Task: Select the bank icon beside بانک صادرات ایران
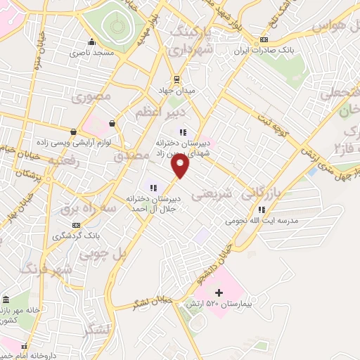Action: coord(264,39)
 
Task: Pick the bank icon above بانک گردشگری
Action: coord(75,225)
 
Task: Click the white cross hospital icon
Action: coord(219,292)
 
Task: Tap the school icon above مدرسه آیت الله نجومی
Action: coord(262,210)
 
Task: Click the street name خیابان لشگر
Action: coord(145,304)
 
